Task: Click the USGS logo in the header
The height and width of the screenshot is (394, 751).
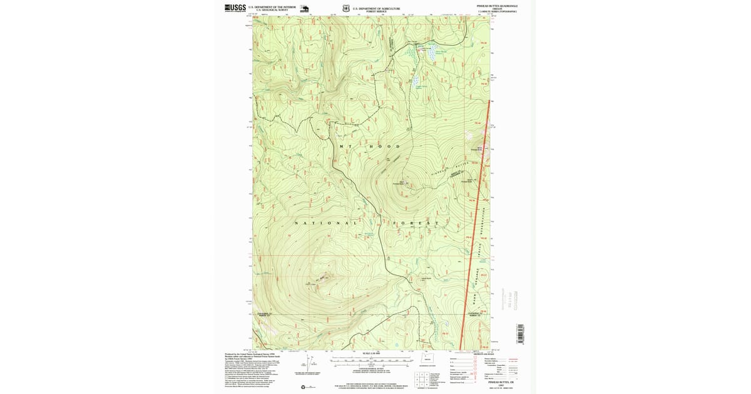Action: pyautogui.click(x=235, y=8)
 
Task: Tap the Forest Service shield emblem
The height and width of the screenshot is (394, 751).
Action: pyautogui.click(x=346, y=9)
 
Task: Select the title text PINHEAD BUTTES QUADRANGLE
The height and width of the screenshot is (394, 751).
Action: pyautogui.click(x=497, y=6)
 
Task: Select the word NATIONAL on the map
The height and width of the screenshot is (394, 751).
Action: pyautogui.click(x=325, y=223)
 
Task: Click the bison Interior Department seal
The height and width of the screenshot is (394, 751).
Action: pyautogui.click(x=305, y=9)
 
